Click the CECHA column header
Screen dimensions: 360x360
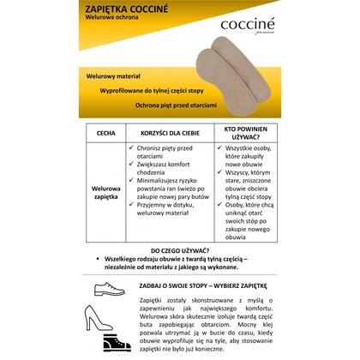tap(106, 134)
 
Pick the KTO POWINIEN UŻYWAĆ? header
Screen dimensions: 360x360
tap(242, 133)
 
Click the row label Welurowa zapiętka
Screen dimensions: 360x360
tap(106, 192)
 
